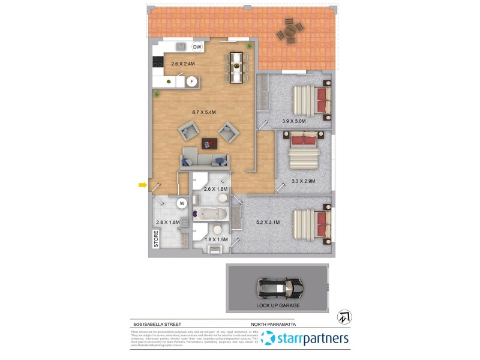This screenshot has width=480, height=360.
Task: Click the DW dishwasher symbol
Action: tap(197, 47)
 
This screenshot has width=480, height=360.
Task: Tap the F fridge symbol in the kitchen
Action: tap(192, 82)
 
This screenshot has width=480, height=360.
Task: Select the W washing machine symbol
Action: tap(181, 203)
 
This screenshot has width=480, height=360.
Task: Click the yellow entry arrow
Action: tap(143, 185)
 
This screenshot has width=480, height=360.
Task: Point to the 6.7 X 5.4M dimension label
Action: tap(203, 112)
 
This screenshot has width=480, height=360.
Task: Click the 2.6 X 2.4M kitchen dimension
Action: tap(183, 64)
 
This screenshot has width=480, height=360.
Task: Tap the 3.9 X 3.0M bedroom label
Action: tap(294, 121)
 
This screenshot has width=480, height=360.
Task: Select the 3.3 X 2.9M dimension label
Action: tap(303, 181)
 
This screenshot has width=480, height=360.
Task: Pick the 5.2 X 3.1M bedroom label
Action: tap(268, 222)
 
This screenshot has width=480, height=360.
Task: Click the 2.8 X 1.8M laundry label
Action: tap(167, 223)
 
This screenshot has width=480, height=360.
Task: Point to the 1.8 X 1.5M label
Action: tap(217, 240)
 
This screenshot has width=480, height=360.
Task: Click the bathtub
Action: tap(211, 214)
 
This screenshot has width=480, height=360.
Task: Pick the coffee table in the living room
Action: tap(209, 143)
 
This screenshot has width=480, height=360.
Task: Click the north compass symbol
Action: tap(345, 316)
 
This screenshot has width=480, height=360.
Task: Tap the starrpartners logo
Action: tap(305, 339)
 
